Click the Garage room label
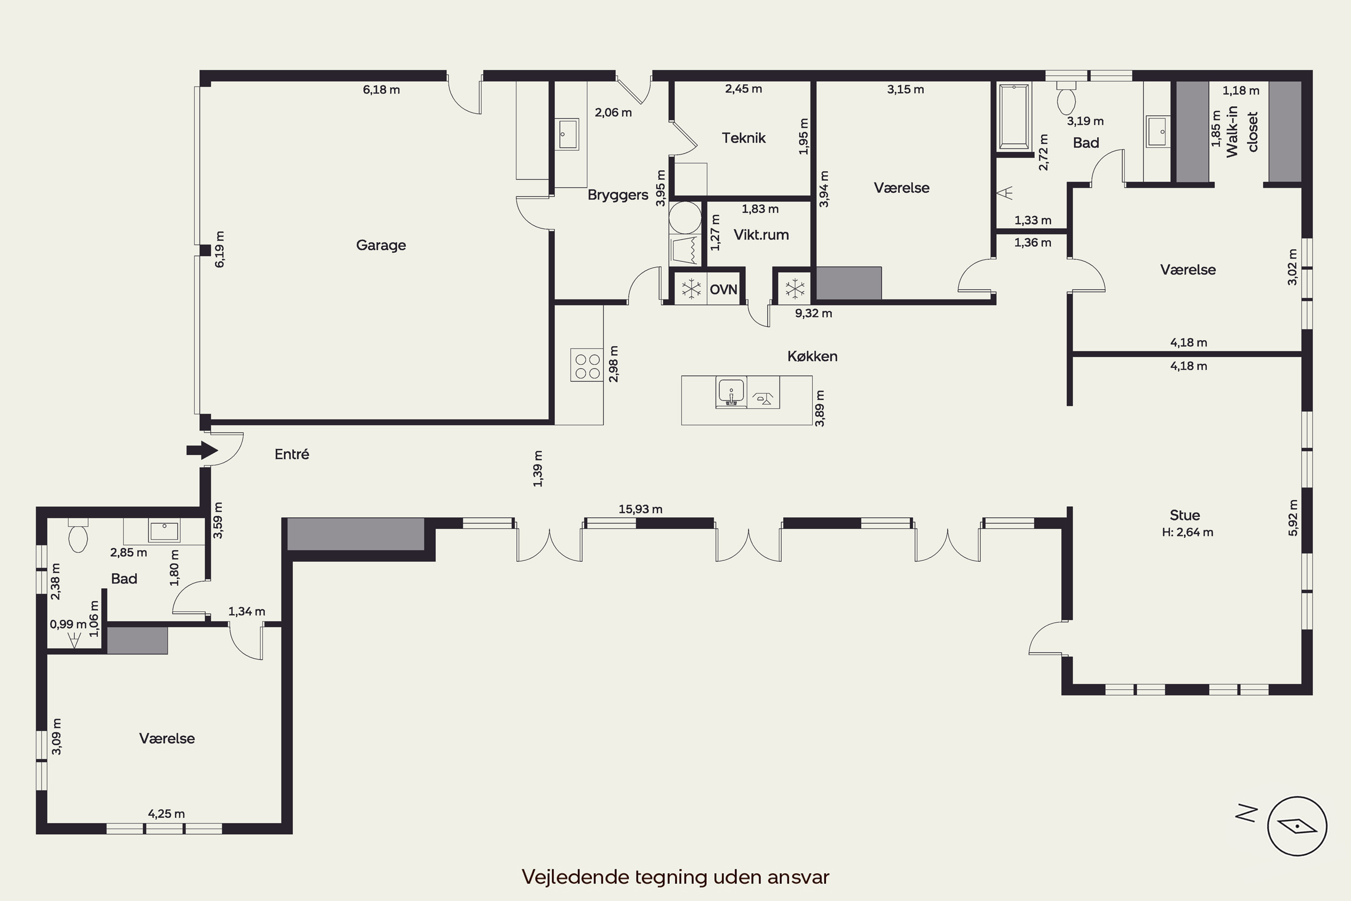pyautogui.click(x=381, y=246)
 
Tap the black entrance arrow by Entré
pyautogui.click(x=202, y=450)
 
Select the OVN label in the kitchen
pyautogui.click(x=723, y=289)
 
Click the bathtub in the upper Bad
pyautogui.click(x=1015, y=116)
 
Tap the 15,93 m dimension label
pyautogui.click(x=640, y=509)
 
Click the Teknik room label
pyautogui.click(x=744, y=138)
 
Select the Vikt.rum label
pyautogui.click(x=761, y=234)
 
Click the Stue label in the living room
pyautogui.click(x=1184, y=515)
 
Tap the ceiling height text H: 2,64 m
pyautogui.click(x=1187, y=532)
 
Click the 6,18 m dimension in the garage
pyautogui.click(x=381, y=90)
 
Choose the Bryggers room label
pyautogui.click(x=617, y=195)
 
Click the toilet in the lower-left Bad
pyautogui.click(x=77, y=535)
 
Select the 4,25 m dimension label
pyautogui.click(x=167, y=814)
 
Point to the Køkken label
pyautogui.click(x=812, y=356)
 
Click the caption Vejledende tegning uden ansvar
pyautogui.click(x=675, y=877)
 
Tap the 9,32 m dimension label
pyautogui.click(x=813, y=313)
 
